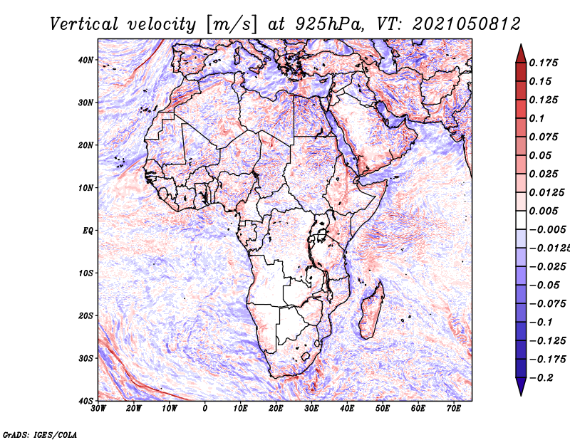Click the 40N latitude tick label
click(x=85, y=60)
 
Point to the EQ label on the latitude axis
click(x=88, y=231)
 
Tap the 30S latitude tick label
click(x=85, y=359)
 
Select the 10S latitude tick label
click(x=85, y=273)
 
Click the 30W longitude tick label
click(x=98, y=409)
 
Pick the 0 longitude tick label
click(x=205, y=409)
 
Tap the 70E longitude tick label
click(x=453, y=409)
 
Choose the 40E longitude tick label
click(x=347, y=409)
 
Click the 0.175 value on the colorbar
click(x=544, y=63)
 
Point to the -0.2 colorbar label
click(x=541, y=378)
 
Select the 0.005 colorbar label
click(x=544, y=211)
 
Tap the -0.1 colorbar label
click(x=541, y=323)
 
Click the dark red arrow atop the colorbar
click(x=521, y=54)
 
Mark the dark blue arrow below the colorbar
click(x=521, y=386)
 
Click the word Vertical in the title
click(x=84, y=24)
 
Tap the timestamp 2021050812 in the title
click(x=467, y=24)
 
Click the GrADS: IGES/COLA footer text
click(x=40, y=434)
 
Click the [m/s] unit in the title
click(x=232, y=24)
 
